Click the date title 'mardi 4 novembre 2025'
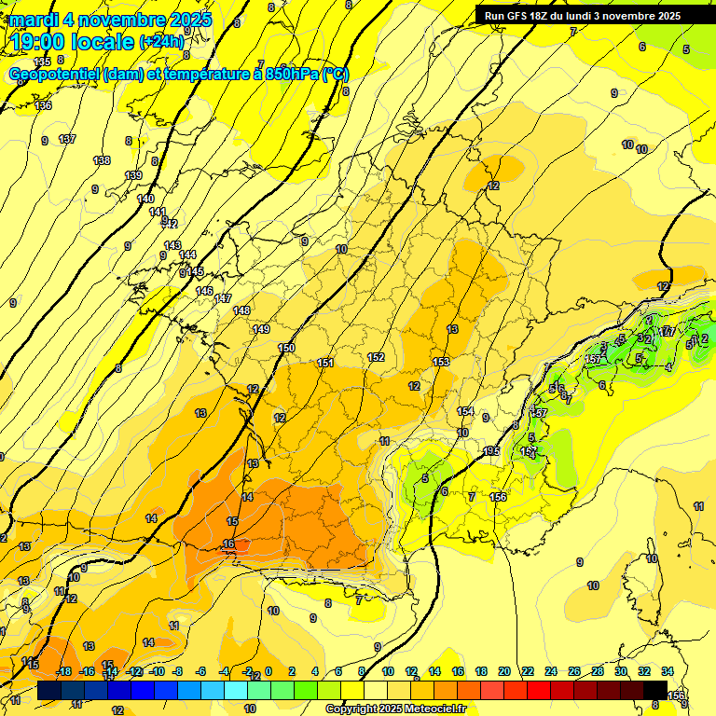[110, 20]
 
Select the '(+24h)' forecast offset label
[161, 42]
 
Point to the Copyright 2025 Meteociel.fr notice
[396, 709]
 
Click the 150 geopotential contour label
[286, 348]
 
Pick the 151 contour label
[325, 363]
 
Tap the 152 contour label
[376, 357]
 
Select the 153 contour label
[441, 362]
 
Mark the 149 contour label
[261, 329]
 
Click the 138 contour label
[102, 160]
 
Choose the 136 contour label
[44, 105]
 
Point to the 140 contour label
[145, 199]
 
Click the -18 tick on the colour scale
[63, 671]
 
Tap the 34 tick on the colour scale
[668, 671]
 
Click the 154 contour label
[465, 411]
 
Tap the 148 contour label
[241, 310]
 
